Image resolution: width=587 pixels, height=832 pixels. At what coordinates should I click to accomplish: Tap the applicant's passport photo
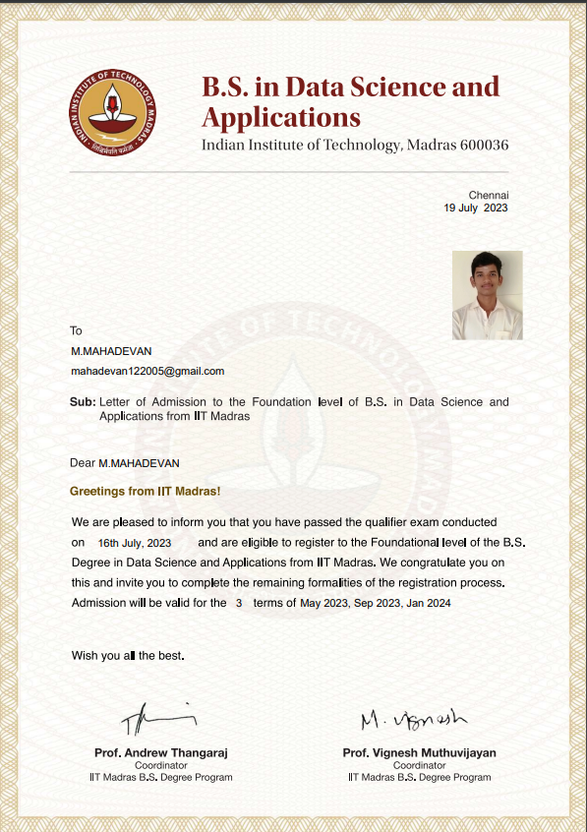click(x=487, y=295)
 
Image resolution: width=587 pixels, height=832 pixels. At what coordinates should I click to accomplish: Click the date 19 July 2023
click(x=476, y=208)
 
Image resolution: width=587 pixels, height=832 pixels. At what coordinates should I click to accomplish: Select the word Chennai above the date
click(x=488, y=195)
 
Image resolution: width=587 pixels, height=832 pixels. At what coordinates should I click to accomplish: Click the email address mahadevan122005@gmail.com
click(x=147, y=371)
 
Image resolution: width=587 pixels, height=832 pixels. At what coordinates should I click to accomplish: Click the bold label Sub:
click(x=83, y=402)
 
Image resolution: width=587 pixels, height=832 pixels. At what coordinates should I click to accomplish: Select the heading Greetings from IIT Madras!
click(x=145, y=490)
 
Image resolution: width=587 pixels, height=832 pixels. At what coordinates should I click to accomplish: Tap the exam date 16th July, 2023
click(x=135, y=543)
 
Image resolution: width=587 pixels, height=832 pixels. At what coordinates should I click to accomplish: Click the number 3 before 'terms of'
click(x=238, y=602)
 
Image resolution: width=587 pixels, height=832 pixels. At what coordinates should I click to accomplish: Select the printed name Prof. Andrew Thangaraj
click(x=160, y=752)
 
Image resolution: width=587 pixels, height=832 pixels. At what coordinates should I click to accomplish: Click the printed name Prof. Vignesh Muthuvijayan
click(x=419, y=752)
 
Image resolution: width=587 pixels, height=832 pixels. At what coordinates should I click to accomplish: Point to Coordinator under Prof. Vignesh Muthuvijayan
click(x=419, y=765)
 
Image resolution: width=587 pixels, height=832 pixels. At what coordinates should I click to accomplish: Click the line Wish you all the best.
click(x=128, y=655)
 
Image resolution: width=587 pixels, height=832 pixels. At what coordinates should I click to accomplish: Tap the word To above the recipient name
click(x=76, y=330)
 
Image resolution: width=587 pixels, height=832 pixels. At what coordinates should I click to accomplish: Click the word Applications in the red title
click(x=281, y=118)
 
